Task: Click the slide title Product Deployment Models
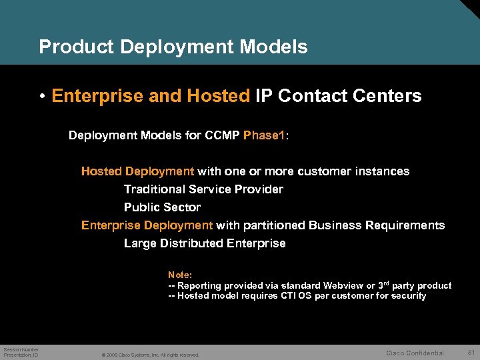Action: [x=173, y=47]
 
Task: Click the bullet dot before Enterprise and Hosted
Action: [x=42, y=97]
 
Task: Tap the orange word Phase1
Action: [x=264, y=135]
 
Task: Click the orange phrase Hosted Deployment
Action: [x=137, y=171]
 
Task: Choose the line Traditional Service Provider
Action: [x=203, y=189]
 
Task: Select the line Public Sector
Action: [x=162, y=207]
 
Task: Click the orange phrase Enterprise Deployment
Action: [x=147, y=225]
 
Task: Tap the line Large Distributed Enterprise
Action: [x=205, y=243]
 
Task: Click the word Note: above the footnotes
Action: [x=180, y=275]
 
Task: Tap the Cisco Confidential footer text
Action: [x=415, y=353]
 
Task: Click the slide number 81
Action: [x=471, y=352]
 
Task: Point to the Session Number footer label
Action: [x=21, y=349]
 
